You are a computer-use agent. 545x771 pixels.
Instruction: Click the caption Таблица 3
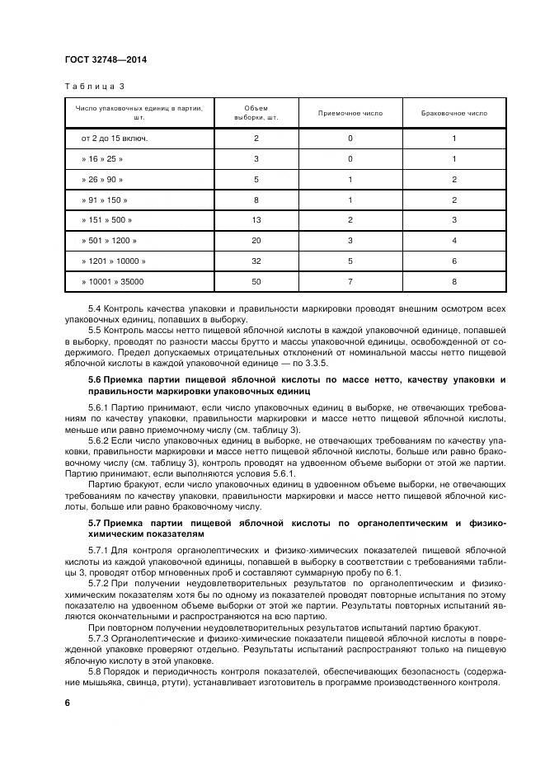pyautogui.click(x=93, y=86)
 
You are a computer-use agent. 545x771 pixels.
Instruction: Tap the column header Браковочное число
pyautogui.click(x=453, y=112)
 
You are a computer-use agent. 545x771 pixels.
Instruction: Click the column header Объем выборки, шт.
pyautogui.click(x=256, y=112)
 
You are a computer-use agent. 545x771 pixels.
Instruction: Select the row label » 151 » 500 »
pyautogui.click(x=106, y=220)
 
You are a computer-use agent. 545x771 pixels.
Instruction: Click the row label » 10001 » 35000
pyautogui.click(x=112, y=282)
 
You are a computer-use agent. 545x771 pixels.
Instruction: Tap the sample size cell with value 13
pyautogui.click(x=256, y=220)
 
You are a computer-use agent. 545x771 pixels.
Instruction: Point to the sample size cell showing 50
pyautogui.click(x=256, y=282)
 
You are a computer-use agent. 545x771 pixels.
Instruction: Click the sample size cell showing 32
pyautogui.click(x=256, y=261)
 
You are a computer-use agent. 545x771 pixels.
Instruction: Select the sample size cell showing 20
pyautogui.click(x=256, y=241)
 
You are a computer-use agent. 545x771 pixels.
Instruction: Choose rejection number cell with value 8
pyautogui.click(x=453, y=282)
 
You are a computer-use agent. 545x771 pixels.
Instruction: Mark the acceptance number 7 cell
pyautogui.click(x=350, y=282)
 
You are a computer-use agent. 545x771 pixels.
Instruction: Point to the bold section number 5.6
pyautogui.click(x=95, y=379)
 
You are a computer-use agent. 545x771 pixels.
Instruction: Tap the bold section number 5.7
pyautogui.click(x=95, y=524)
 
